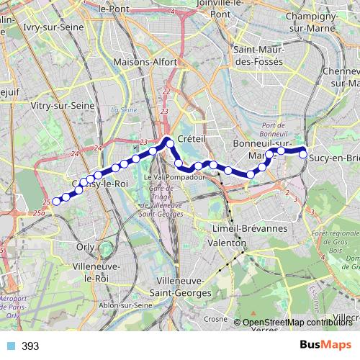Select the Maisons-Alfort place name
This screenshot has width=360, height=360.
coord(145,63)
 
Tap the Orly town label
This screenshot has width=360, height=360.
coord(85,246)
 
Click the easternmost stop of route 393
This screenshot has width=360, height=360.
coord(303,154)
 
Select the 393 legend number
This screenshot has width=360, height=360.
coord(30,346)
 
